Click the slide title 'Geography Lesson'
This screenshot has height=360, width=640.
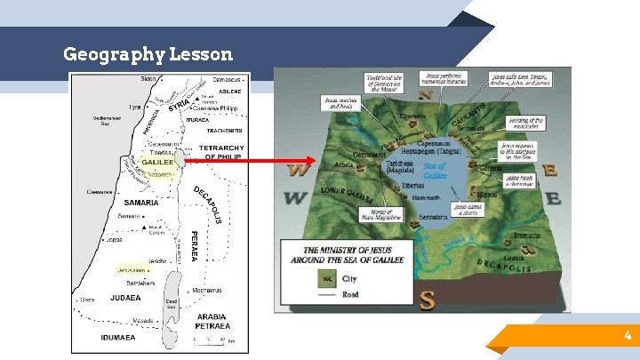pos(148,54)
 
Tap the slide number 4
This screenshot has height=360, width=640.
pos(628,336)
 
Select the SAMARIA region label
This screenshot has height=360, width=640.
pos(140,203)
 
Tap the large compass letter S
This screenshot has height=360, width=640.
pos(428,299)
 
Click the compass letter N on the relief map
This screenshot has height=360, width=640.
pos(427,95)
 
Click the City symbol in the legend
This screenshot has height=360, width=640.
pos(326,279)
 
